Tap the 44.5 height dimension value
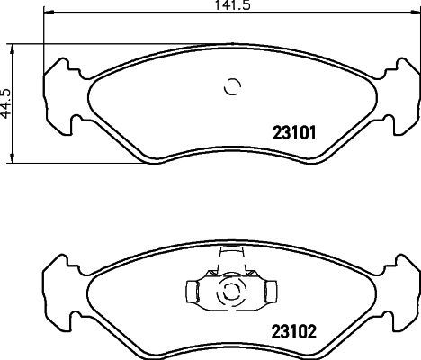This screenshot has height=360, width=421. point(7,103)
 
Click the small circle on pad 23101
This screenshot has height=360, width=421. point(232,87)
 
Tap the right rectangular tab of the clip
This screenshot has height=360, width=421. point(266,292)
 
